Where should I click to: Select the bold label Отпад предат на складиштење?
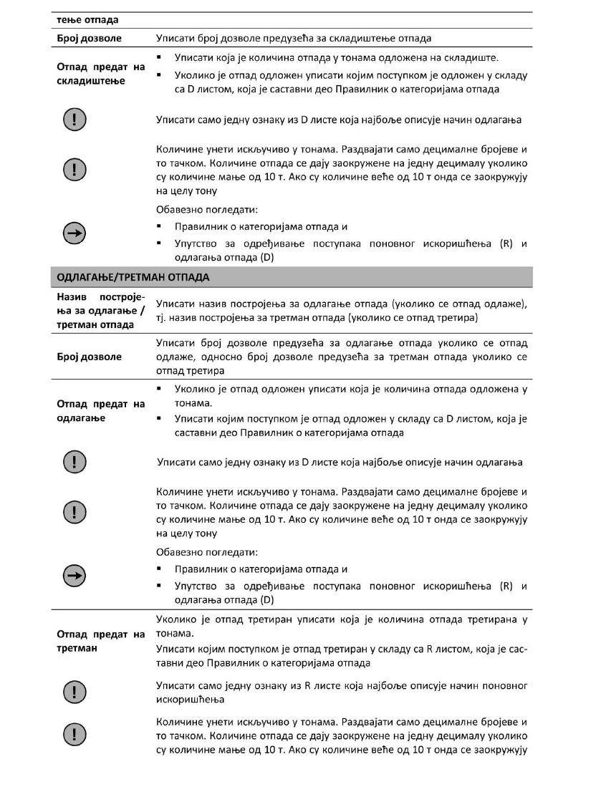coord(100,74)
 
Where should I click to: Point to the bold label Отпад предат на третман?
coord(100,641)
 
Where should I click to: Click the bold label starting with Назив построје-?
coord(100,310)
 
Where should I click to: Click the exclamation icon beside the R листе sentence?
coord(72,691)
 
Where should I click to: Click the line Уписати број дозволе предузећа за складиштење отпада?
coord(293,37)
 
